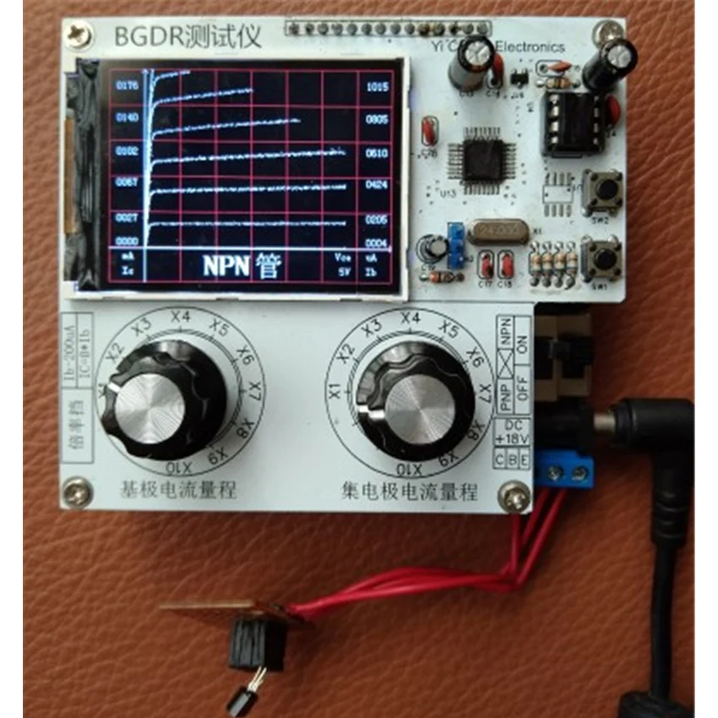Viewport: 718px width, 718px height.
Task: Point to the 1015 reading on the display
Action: tap(377, 86)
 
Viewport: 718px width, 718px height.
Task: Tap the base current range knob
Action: tap(161, 398)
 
